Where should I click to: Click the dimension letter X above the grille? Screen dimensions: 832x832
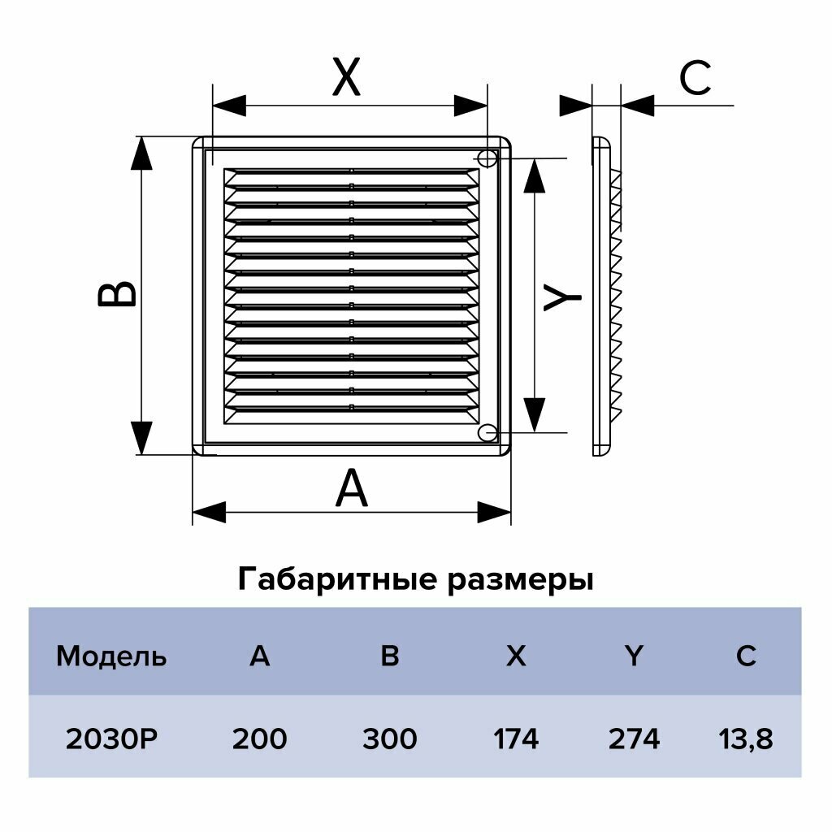coord(347,79)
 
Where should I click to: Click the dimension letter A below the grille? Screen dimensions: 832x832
coord(352,489)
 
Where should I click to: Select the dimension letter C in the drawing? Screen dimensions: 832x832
coord(695,80)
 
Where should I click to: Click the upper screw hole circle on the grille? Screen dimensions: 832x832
coord(487,158)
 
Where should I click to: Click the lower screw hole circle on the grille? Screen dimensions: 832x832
coord(487,433)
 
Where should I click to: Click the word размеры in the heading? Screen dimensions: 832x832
coord(520,580)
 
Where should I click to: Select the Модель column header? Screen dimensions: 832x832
coord(111,656)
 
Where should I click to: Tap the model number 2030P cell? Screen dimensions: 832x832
coord(111,739)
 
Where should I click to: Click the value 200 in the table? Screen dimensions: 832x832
coord(259,739)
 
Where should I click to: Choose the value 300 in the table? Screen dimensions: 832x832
coord(390,739)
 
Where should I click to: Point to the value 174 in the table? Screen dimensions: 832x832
coord(516,739)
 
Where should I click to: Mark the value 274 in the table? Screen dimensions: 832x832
coord(634,739)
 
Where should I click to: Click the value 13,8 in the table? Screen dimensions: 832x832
coord(746,739)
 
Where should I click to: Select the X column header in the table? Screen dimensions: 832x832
coord(516,656)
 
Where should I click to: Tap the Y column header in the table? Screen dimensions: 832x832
coord(634,656)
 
